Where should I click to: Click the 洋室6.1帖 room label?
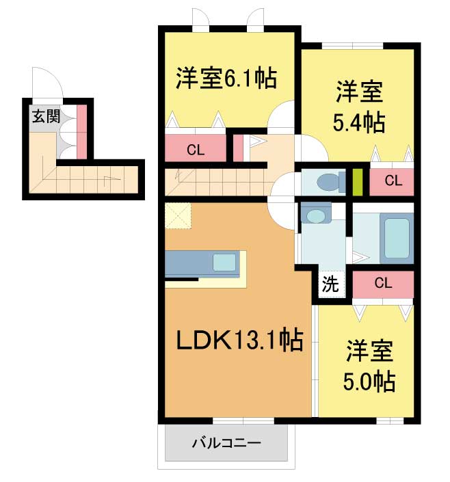[226, 78]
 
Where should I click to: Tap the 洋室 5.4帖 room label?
[359, 106]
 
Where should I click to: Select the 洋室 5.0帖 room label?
[369, 366]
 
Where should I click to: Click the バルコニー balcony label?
[226, 443]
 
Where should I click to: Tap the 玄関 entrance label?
[46, 116]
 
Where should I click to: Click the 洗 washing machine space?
[330, 284]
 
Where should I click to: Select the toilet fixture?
[330, 182]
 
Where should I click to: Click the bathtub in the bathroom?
[397, 238]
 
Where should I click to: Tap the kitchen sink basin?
[224, 263]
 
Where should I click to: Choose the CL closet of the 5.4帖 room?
[392, 181]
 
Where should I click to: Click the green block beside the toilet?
[357, 182]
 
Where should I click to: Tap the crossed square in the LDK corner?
[178, 215]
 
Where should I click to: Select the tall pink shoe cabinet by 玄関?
[81, 132]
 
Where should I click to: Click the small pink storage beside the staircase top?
[238, 148]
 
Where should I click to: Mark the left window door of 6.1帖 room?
[200, 20]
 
